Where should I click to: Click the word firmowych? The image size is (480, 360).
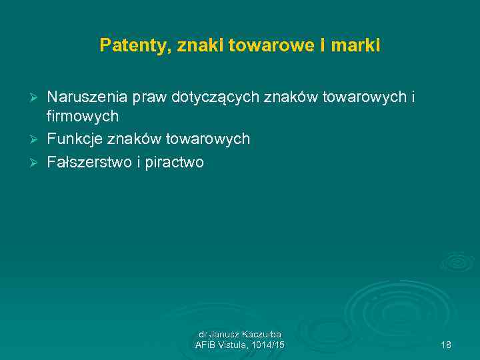(x=83, y=117)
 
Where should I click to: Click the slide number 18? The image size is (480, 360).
(x=446, y=345)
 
